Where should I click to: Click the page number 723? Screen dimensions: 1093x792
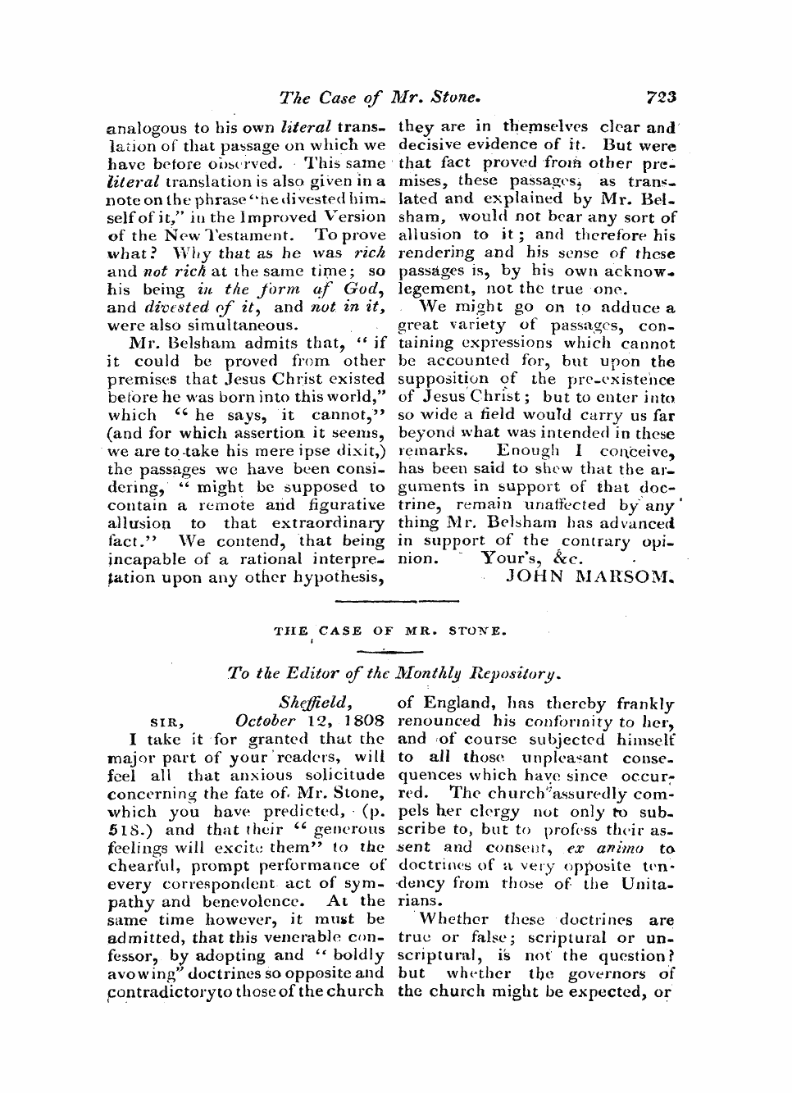[x=660, y=98]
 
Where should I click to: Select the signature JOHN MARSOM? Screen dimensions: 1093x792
[x=590, y=576]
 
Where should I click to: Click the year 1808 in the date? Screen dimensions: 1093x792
[x=363, y=722]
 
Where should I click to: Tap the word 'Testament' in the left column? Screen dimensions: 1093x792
[x=243, y=235]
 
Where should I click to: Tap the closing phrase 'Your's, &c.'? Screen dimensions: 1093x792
[x=532, y=558]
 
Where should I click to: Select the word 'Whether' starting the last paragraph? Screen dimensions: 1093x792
[x=453, y=920]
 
